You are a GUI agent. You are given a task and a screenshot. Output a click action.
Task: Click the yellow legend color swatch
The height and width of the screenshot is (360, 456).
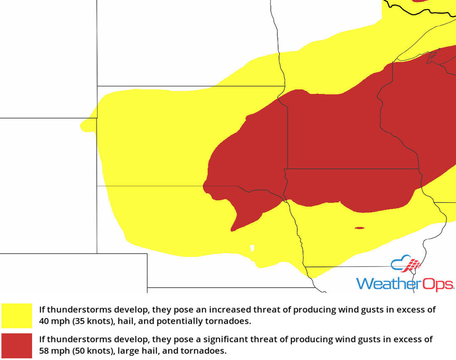click(x=17, y=316)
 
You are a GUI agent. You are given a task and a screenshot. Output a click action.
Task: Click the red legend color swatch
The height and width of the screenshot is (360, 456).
click(x=17, y=345)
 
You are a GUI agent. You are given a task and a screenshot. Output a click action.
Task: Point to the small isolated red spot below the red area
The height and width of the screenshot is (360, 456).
click(x=360, y=228)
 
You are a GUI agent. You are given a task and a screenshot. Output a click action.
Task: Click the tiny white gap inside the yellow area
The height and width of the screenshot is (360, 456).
click(x=252, y=248)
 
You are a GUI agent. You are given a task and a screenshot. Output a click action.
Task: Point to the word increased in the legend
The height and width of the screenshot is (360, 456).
click(x=228, y=310)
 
